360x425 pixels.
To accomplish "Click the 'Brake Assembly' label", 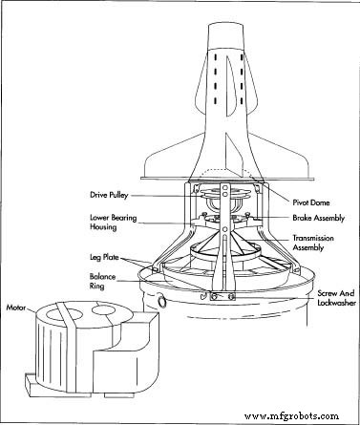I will coord(306,217).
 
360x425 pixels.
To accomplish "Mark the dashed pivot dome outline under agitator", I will coord(224,175).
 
